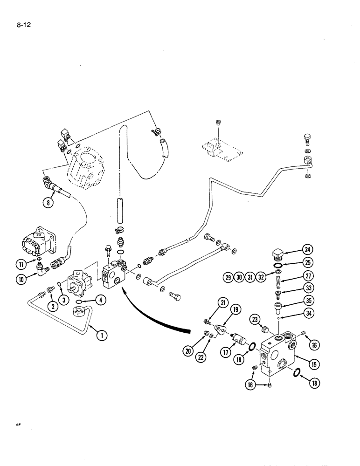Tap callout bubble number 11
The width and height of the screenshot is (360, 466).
[x=20, y=264]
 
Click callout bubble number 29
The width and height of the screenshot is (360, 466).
[x=228, y=278]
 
